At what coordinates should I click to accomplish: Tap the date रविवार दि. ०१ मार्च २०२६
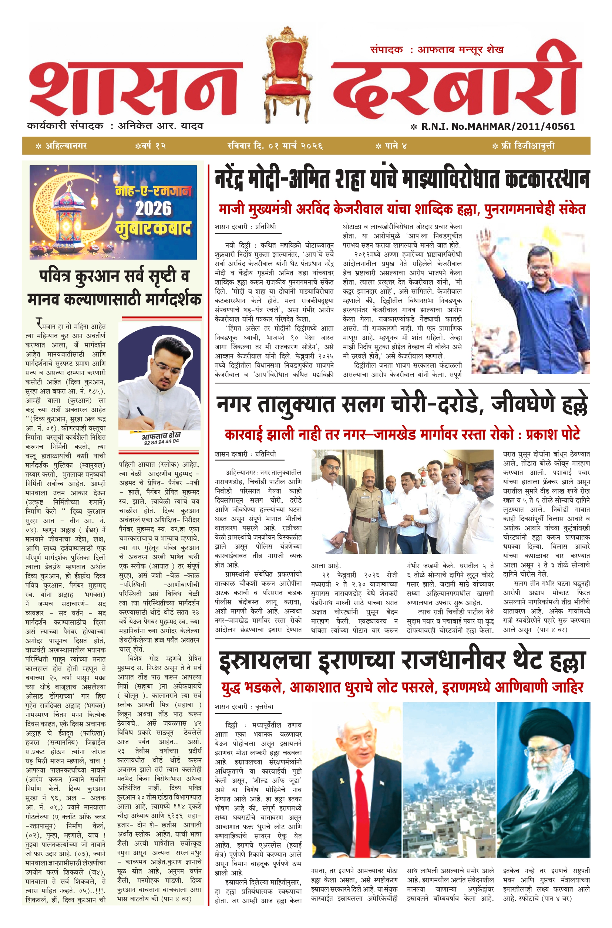275,146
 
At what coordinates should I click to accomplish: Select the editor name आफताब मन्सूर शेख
460,50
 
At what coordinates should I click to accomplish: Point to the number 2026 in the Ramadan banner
153,209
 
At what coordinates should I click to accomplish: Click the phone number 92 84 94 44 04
161,442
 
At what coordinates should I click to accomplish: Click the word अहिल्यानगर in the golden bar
66,146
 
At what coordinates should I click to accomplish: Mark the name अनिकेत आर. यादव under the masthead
161,126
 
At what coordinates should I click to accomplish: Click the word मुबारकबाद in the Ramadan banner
154,228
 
